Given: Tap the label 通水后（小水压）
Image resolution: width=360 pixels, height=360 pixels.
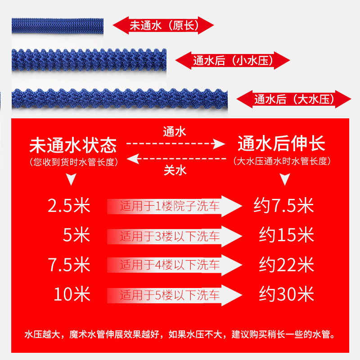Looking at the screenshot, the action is coord(233,60).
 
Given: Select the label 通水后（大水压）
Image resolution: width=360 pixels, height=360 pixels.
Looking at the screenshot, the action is coord(294,99).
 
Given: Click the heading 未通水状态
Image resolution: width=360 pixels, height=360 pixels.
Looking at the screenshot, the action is coord(73,145).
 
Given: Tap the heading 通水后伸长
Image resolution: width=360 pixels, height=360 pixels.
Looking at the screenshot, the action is coord(281,145).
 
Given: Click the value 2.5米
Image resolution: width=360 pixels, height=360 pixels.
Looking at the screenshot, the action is coord(69,206).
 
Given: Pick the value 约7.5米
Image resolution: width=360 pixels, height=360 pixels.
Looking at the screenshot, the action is coord(283,206).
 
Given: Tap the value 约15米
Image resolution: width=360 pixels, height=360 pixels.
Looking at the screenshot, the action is coord(286,235).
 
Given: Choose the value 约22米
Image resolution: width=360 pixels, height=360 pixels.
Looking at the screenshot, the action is coord(286,265).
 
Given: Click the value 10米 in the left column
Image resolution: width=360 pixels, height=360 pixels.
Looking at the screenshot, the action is coord(72,295).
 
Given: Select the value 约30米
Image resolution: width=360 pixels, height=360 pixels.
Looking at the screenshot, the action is coord(286,295).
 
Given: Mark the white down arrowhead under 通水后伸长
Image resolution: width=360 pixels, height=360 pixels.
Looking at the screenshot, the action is coord(284,180).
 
